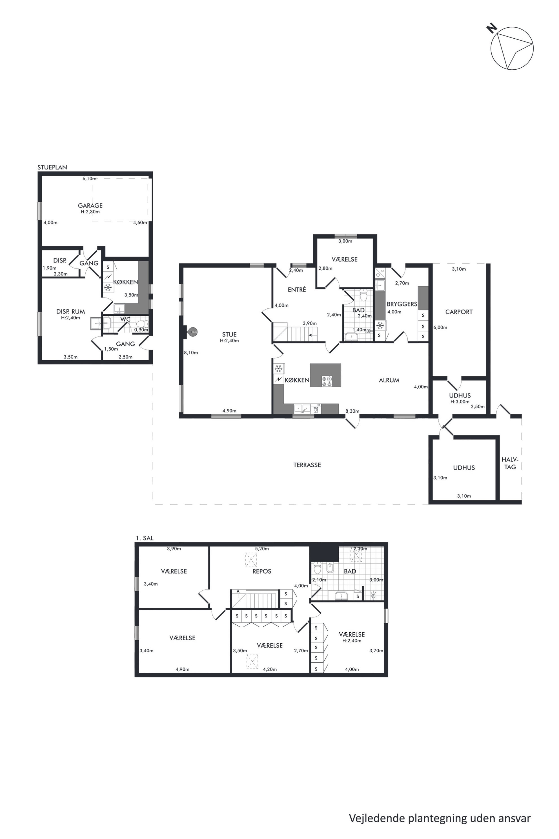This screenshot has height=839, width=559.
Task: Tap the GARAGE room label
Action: click(90, 206)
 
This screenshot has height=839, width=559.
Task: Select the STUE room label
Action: click(229, 334)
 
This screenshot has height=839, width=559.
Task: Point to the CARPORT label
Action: click(459, 312)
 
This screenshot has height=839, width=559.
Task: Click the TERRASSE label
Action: click(307, 465)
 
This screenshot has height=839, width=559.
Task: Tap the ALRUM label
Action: click(389, 380)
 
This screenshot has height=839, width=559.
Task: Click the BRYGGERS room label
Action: click(402, 304)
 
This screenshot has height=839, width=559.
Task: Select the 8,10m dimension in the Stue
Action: click(191, 352)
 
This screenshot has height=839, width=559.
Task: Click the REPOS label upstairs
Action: click(262, 571)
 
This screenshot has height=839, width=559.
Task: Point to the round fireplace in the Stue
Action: click(193, 332)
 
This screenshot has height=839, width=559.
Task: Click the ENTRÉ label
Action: click(297, 290)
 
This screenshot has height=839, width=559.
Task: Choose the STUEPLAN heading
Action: click(52, 167)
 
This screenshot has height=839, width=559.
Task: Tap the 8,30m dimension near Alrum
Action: click(352, 411)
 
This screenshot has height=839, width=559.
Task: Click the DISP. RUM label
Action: click(71, 312)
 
